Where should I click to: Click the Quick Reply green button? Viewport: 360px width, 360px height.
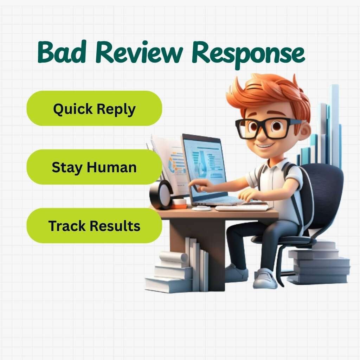coord(94,109)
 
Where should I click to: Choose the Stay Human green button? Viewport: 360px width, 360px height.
coord(94,167)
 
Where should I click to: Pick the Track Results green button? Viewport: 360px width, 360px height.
coord(94,226)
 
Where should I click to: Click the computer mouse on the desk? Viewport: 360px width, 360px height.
coord(201,208)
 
